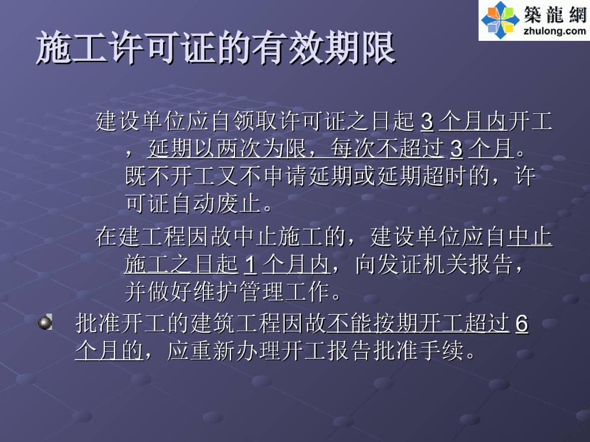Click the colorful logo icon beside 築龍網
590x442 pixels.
pos(501,20)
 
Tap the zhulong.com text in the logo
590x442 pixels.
pos(555,31)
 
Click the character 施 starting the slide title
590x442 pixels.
pos(54,48)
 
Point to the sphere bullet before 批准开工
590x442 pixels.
pos(45,322)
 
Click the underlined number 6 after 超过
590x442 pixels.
pos(522,323)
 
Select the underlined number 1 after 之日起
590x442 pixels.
pos(250,265)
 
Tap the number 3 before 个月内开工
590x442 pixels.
pos(427,122)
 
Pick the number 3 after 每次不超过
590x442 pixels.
pos(456,149)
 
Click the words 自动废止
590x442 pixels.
pos(217,204)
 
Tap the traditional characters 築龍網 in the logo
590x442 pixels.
pos(555,14)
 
